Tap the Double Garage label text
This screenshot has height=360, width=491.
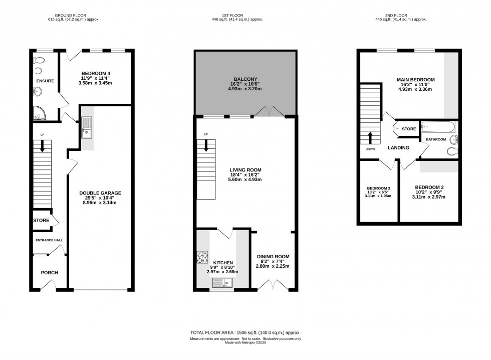coord(100,193)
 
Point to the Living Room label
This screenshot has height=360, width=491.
coord(245,170)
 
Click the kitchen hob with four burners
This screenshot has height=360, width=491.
coord(202,257)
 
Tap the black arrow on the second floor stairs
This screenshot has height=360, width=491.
coord(370,137)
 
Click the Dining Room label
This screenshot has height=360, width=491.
coord(273,257)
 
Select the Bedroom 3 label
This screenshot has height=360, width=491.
coord(378,190)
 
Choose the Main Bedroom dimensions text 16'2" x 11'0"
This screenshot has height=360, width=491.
coord(415,85)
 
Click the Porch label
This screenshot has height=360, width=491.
coord(49,273)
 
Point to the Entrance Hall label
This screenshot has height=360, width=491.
coord(49,241)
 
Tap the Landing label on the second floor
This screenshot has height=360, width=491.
coord(398,148)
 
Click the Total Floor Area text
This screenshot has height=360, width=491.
coord(245,333)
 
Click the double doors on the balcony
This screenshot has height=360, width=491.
coord(269,111)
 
